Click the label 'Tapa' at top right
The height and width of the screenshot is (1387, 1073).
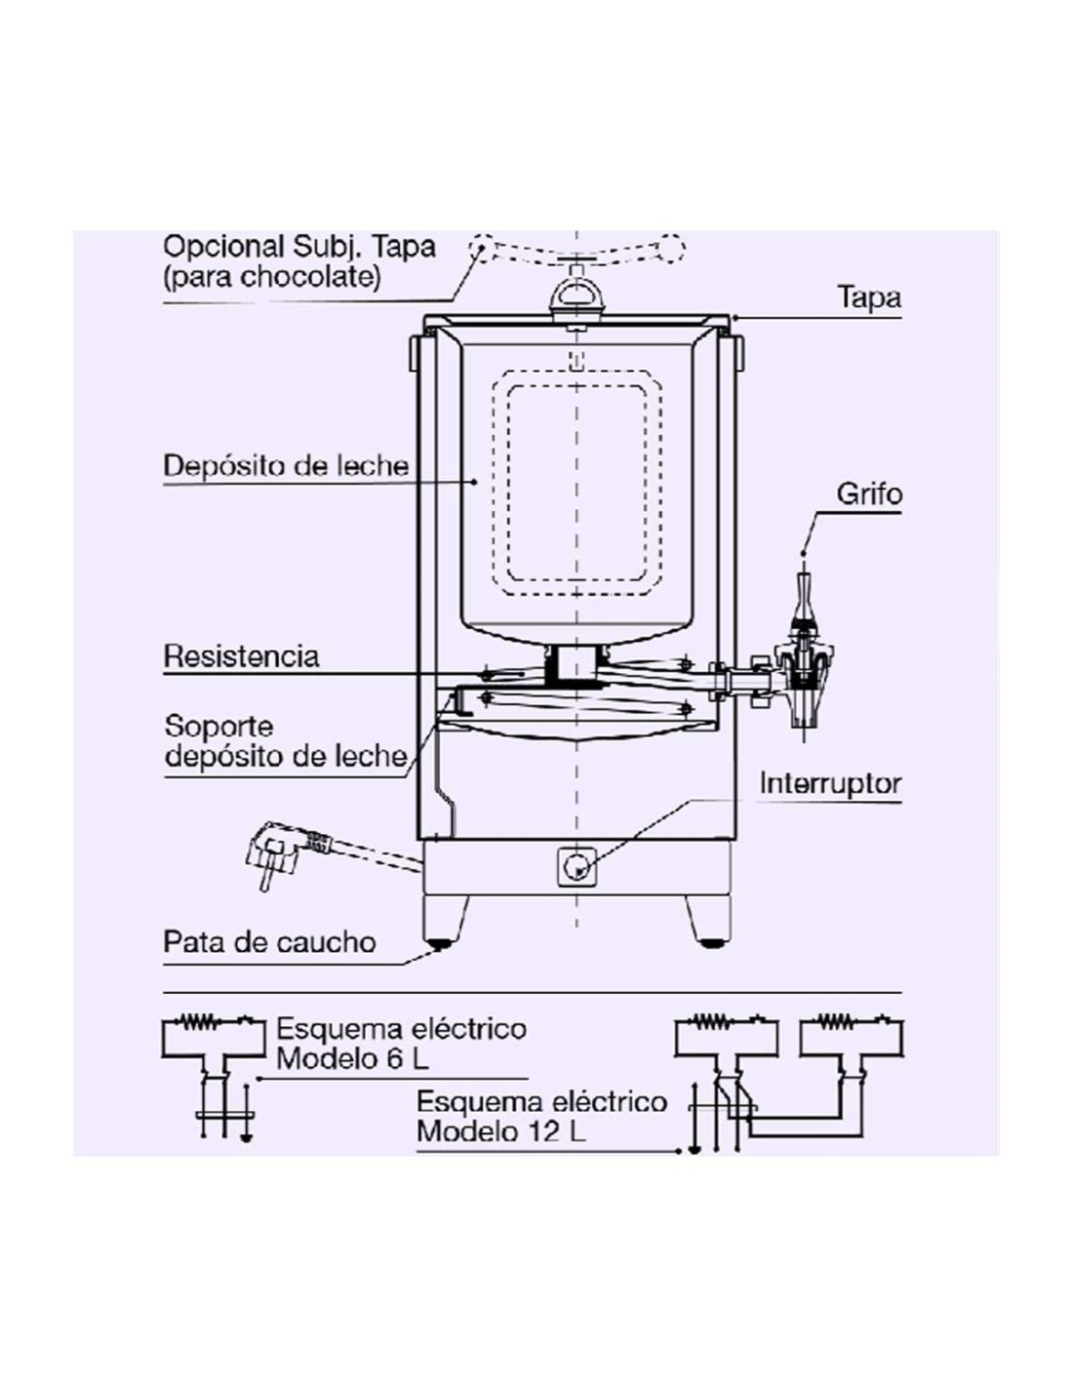pyautogui.click(x=868, y=297)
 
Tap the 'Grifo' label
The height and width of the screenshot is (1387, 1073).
pyautogui.click(x=868, y=494)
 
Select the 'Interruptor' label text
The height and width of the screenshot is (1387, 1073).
pyautogui.click(x=830, y=783)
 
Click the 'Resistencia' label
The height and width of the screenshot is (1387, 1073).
pyautogui.click(x=241, y=655)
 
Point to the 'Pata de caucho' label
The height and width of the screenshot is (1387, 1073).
pyautogui.click(x=269, y=942)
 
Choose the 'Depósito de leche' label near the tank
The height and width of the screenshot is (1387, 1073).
pyautogui.click(x=286, y=465)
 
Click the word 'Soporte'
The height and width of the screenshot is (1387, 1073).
pyautogui.click(x=219, y=726)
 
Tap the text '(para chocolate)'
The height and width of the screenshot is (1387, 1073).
pyautogui.click(x=272, y=277)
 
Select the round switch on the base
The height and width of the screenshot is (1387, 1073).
pyautogui.click(x=576, y=865)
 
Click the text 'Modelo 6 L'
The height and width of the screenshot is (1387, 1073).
pyautogui.click(x=352, y=1058)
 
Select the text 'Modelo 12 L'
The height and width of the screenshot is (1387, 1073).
pyautogui.click(x=500, y=1131)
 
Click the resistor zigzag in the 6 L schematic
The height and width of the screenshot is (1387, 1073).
pyautogui.click(x=203, y=1023)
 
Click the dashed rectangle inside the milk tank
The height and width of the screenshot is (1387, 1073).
pyautogui.click(x=576, y=483)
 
